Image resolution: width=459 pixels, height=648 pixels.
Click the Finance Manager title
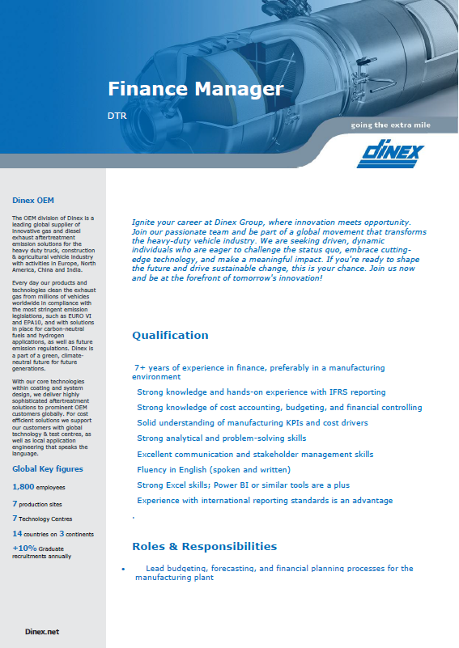click(195, 88)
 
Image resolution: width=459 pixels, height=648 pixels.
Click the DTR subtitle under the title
click(117, 116)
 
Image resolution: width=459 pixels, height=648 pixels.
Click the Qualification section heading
click(170, 335)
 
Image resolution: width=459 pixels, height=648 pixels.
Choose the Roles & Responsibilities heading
click(204, 546)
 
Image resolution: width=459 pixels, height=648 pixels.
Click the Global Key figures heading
click(47, 469)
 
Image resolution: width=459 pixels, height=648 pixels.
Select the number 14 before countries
click(17, 533)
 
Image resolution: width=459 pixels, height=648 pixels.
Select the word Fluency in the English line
click(152, 469)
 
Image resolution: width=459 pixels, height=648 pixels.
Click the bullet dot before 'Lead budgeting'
click(122, 570)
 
